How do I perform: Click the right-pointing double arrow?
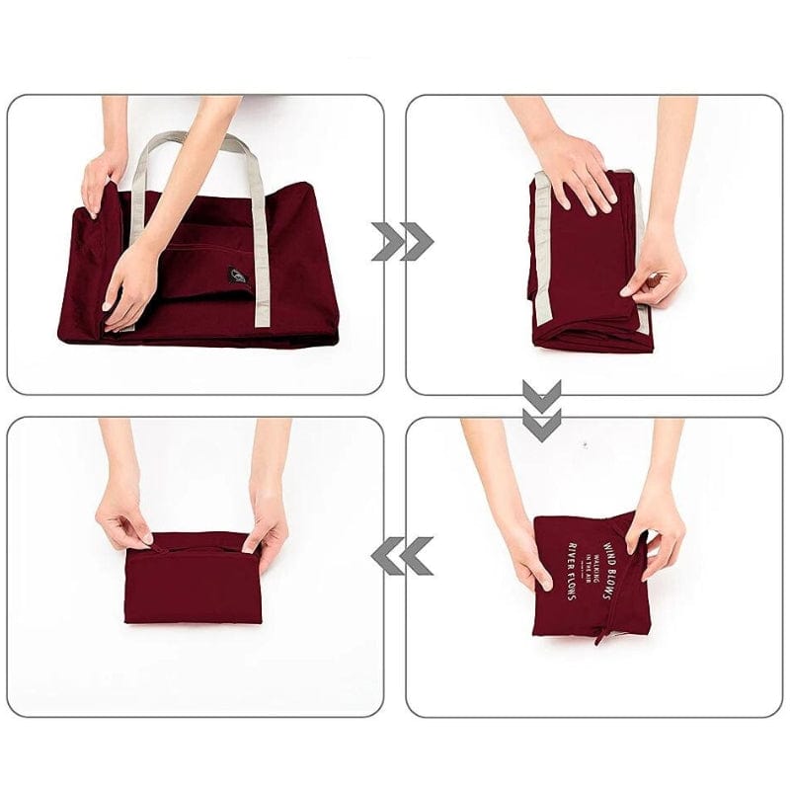tap(403, 241)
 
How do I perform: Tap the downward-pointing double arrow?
tap(541, 409)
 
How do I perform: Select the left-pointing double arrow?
tap(402, 556)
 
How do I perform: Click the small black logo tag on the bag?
tap(238, 276)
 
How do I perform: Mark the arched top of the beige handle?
tap(193, 138)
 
